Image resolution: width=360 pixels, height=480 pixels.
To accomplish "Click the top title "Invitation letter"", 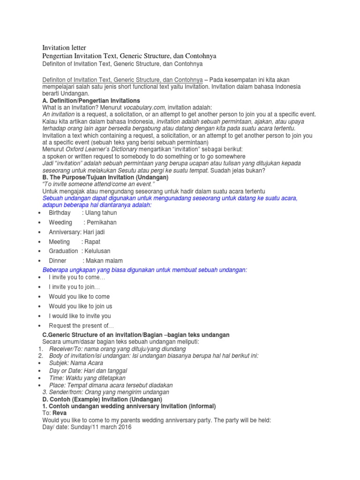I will tap(65, 48).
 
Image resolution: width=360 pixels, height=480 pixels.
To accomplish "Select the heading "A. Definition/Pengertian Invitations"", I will tap(91, 101).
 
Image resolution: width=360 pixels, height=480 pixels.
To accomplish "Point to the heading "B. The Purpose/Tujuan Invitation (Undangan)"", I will tap(105, 178).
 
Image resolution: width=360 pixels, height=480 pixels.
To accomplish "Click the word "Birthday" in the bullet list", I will tap(60, 213).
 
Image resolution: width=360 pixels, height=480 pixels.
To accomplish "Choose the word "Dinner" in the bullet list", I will tap(58, 261).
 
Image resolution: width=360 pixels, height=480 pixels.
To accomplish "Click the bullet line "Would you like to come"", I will tap(79, 296).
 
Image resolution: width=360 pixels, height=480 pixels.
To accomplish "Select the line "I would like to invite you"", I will tap(80, 316).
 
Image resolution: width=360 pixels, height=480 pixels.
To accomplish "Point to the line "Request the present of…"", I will tap(81, 326).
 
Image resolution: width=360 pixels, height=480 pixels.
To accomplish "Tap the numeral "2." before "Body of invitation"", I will tap(40, 356).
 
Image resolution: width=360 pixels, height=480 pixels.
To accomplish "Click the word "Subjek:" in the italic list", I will tap(59, 363).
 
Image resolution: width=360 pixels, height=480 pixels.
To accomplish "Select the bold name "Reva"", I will tap(59, 413).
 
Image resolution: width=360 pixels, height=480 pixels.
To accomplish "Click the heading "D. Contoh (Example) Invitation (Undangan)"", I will tap(103, 399).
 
